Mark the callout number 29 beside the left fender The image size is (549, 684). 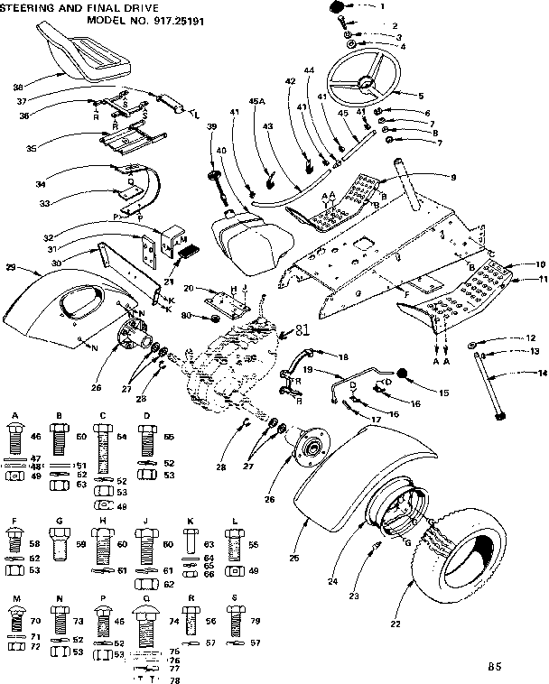11,268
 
